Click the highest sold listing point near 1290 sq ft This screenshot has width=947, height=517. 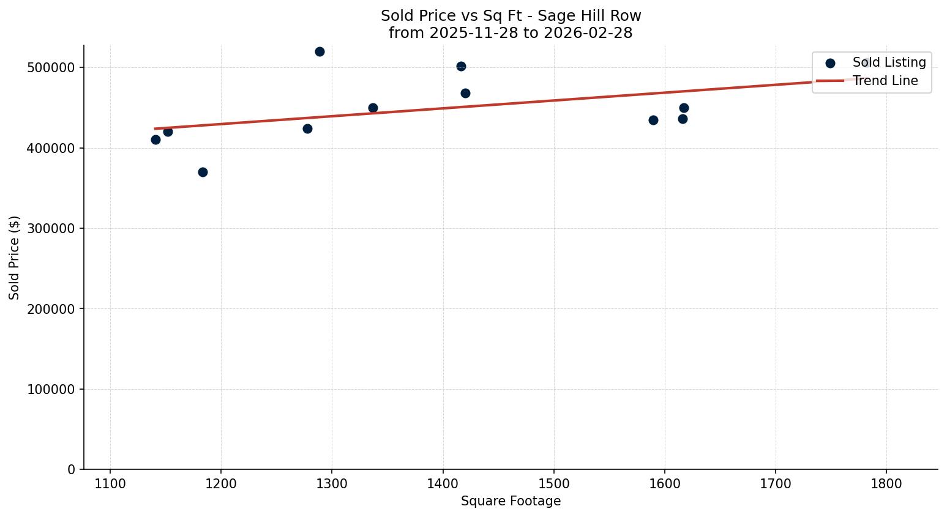pyautogui.click(x=320, y=51)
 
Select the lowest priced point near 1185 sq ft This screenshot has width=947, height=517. pyautogui.click(x=203, y=172)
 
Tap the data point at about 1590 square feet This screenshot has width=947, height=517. pyautogui.click(x=653, y=120)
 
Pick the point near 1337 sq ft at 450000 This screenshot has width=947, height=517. pyautogui.click(x=373, y=108)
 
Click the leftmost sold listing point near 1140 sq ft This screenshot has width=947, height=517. pyautogui.click(x=155, y=139)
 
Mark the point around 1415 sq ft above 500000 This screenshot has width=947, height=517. pyautogui.click(x=461, y=66)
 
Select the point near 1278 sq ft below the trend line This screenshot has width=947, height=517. pyautogui.click(x=307, y=128)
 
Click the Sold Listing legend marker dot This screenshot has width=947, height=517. pyautogui.click(x=830, y=63)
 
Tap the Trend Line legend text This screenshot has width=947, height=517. pyautogui.click(x=885, y=81)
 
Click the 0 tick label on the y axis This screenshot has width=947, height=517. pyautogui.click(x=72, y=469)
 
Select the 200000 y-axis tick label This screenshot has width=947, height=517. pyautogui.click(x=51, y=309)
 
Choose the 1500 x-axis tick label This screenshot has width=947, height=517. pyautogui.click(x=554, y=483)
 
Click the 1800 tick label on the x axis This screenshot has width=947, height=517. pyautogui.click(x=886, y=483)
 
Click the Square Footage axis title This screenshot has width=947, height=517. pyautogui.click(x=511, y=502)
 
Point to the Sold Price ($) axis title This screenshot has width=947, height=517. pyautogui.click(x=14, y=257)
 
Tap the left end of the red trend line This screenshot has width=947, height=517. pyautogui.click(x=155, y=128)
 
